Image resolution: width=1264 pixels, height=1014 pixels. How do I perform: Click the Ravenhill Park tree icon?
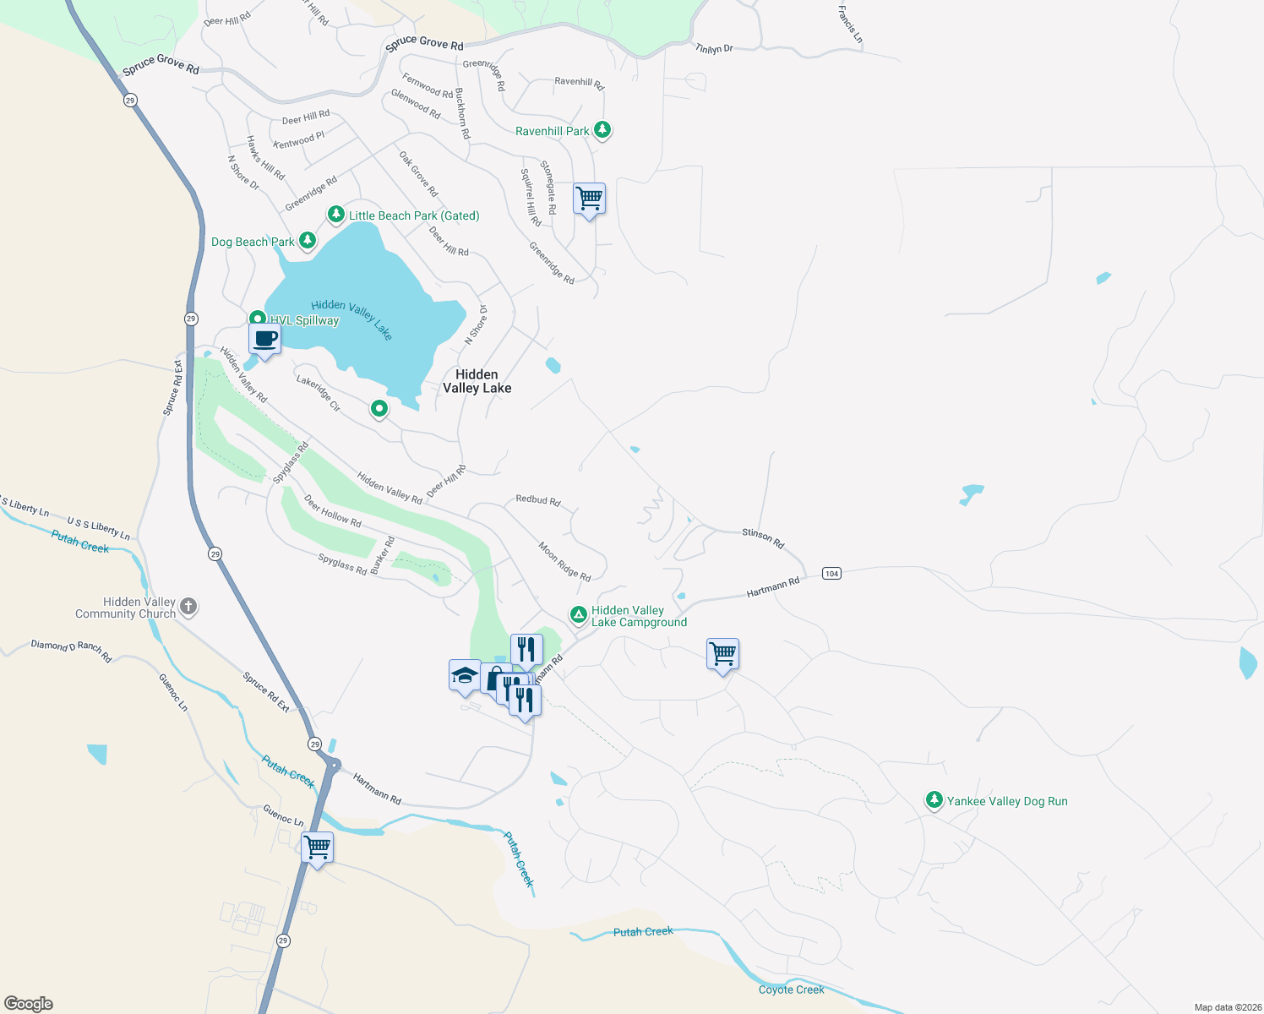[602, 130]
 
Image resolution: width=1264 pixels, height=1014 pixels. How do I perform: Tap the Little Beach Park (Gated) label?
[414, 215]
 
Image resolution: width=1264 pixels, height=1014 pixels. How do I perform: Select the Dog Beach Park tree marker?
[308, 242]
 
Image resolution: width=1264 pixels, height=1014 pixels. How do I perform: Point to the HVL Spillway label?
[304, 320]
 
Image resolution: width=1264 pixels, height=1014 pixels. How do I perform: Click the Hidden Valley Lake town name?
[477, 381]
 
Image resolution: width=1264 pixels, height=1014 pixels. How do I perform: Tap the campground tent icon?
[579, 614]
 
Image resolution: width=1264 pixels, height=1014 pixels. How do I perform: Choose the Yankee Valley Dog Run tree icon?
[934, 800]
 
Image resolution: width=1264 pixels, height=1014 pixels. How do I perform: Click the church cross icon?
[188, 606]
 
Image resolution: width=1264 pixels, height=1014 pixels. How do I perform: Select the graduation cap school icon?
[465, 676]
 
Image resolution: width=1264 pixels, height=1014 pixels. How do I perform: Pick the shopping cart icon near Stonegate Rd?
[589, 199]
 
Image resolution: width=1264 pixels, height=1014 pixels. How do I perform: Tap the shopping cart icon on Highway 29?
[318, 847]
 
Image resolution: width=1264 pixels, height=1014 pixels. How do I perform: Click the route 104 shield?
[831, 574]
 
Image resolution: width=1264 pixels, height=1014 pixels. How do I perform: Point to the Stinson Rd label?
[763, 537]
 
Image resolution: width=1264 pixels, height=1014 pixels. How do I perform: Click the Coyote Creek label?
[791, 989]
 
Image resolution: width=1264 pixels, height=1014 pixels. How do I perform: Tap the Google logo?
[29, 1003]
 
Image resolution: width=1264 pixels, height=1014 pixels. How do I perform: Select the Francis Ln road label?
[850, 25]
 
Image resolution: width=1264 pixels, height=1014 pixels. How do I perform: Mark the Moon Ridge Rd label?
[564, 561]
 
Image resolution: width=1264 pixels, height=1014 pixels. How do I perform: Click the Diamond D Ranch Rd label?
[71, 650]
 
